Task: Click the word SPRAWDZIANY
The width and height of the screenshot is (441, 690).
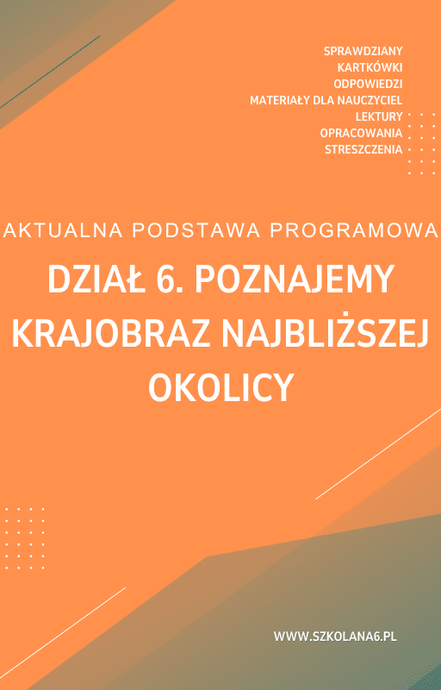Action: [363, 51]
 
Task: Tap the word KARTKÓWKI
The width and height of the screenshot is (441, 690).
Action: [370, 67]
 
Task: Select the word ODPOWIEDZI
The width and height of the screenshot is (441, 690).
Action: [368, 84]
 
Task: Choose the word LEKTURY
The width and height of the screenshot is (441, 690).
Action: [379, 116]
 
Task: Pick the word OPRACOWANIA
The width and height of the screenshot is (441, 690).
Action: [361, 133]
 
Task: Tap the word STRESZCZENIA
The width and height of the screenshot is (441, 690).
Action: [363, 149]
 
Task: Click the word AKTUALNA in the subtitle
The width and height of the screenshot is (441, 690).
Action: [63, 230]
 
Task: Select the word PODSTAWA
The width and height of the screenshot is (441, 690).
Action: [196, 230]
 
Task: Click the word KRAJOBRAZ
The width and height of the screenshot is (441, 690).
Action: [113, 335]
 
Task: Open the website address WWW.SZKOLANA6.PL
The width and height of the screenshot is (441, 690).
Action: [335, 636]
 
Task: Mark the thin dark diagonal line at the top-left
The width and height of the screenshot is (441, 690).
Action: [50, 72]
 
